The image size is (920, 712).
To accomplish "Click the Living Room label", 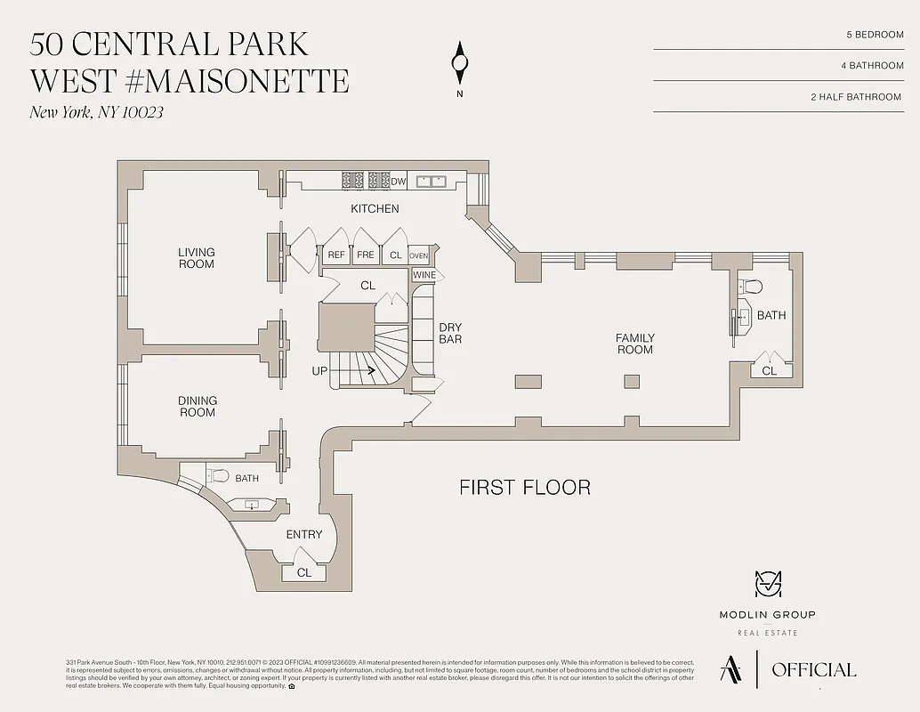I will point(197,258).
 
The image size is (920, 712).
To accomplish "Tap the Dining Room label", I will point(198,407).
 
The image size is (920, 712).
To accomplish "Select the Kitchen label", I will point(375,209).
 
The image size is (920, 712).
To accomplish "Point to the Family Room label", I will point(635,344).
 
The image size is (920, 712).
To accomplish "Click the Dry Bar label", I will point(450,333).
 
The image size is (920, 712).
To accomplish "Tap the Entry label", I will point(304,535).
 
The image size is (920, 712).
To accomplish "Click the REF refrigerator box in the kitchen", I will point(336,255).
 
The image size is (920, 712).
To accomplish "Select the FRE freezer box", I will point(366,255).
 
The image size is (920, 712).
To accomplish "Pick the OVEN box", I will point(418,255).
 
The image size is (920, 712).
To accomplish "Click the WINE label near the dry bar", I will point(424,275).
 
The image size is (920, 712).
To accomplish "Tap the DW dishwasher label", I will point(398,182).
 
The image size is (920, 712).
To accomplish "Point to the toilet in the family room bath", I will point(751,287).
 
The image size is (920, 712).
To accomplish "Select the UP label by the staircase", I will point(319,370).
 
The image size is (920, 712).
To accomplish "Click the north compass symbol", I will point(460,62).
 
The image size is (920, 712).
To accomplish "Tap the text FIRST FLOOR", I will point(524,488).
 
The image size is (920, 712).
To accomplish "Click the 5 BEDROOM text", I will point(875,35).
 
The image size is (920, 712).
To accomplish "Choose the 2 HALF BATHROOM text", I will point(856,97).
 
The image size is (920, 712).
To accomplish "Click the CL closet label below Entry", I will point(304,572).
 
